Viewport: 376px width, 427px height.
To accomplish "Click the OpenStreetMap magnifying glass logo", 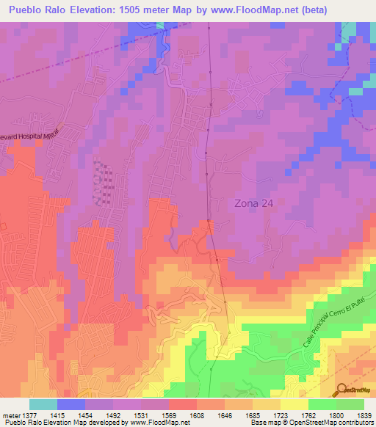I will (x=341, y=390).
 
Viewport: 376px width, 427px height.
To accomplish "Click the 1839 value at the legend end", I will (x=365, y=415).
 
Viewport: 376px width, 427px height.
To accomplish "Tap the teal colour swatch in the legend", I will (x=43, y=404).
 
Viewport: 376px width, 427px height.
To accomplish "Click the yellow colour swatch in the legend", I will (x=294, y=404).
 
